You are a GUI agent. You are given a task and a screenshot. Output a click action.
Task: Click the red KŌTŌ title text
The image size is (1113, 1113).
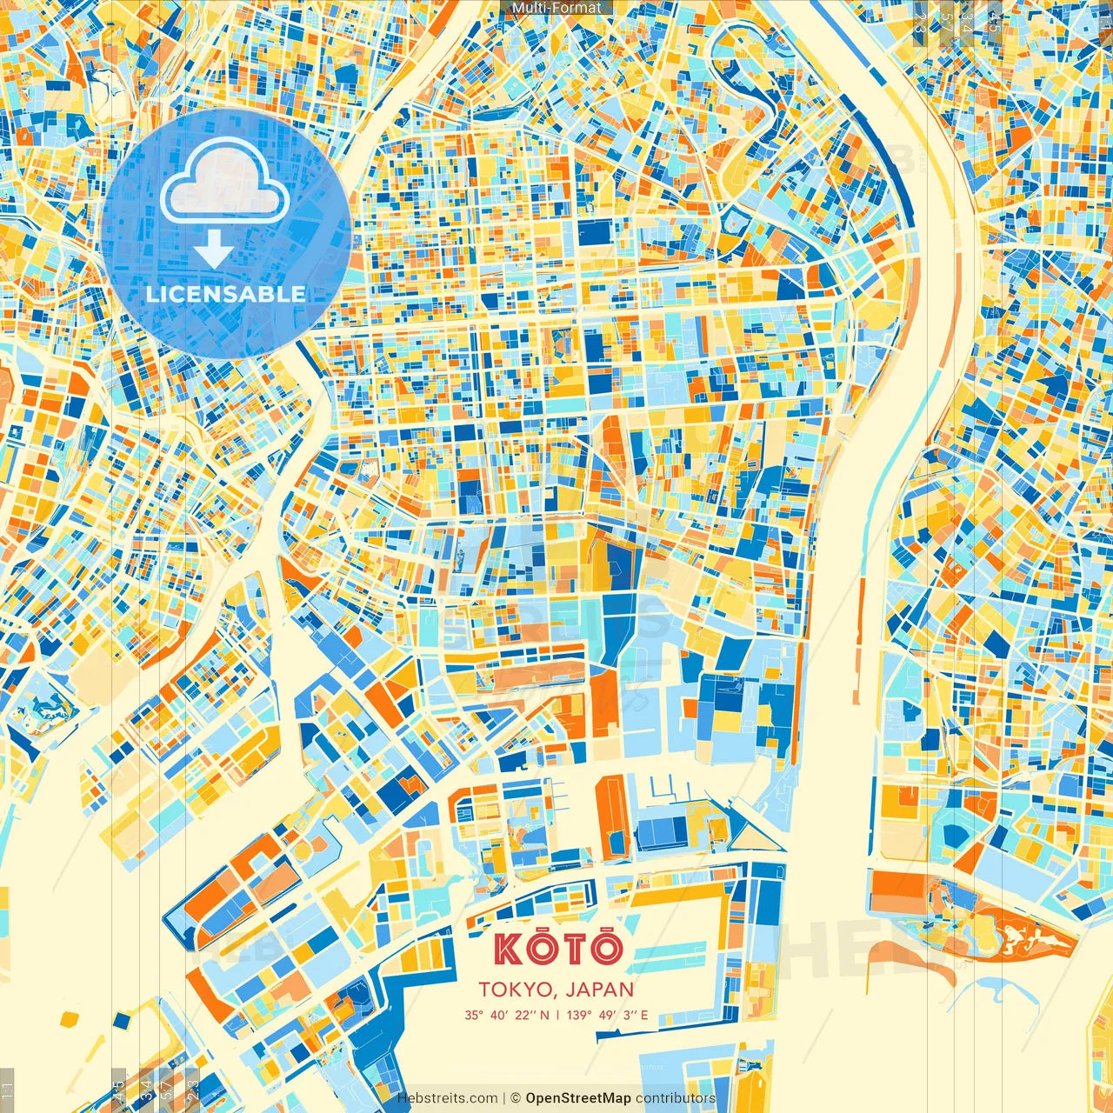click(x=558, y=949)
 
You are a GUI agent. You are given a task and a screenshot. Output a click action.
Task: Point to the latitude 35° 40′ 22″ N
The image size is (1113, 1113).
click(x=506, y=1015)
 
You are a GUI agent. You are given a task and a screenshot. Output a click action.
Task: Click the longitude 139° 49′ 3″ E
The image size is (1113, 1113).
click(x=607, y=1015)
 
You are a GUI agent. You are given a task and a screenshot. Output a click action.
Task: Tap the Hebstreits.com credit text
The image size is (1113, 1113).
click(x=447, y=1098)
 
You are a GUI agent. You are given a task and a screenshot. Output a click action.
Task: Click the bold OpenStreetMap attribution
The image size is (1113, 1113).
click(x=577, y=1098)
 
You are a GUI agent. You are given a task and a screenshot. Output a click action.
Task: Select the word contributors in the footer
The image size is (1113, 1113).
click(x=675, y=1098)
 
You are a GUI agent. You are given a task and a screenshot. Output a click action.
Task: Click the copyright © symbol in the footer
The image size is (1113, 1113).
click(x=515, y=1098)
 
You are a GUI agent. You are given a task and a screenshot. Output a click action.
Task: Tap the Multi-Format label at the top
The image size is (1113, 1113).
click(x=556, y=8)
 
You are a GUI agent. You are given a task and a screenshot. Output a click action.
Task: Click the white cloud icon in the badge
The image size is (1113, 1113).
click(x=224, y=182)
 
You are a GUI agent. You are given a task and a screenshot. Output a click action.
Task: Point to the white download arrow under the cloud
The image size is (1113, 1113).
click(x=213, y=250)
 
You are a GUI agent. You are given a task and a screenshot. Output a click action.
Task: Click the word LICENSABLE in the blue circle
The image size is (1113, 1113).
click(x=225, y=294)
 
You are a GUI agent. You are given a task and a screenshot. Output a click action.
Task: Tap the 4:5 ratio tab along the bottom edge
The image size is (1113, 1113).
click(x=117, y=1091)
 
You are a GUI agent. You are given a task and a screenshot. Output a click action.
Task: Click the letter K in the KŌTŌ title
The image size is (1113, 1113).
click(x=509, y=949)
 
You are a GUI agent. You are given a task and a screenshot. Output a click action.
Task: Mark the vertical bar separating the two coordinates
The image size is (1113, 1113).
click(x=556, y=1015)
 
